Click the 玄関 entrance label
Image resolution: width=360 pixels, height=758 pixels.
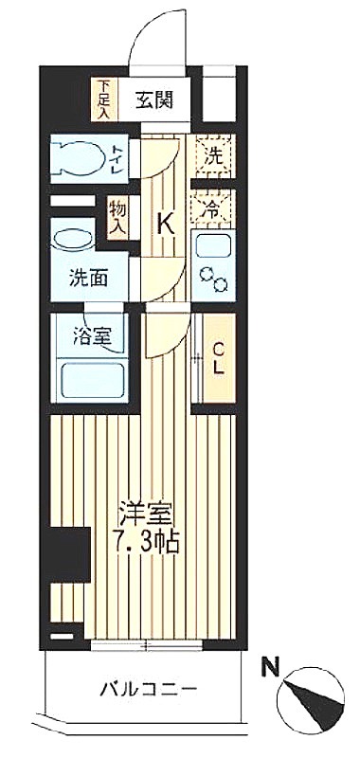(153, 101)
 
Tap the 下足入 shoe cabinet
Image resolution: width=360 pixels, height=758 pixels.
(104, 99)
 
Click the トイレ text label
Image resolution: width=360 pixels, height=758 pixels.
(118, 159)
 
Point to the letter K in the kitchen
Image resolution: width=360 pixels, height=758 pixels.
(165, 224)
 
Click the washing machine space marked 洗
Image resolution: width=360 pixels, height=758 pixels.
(213, 155)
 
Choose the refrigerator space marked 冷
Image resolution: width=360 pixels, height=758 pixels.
(213, 208)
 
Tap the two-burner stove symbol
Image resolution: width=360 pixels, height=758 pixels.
(213, 279)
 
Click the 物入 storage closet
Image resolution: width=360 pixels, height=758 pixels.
(117, 218)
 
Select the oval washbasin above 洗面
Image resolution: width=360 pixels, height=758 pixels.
(74, 240)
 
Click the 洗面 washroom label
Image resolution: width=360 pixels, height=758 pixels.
(88, 279)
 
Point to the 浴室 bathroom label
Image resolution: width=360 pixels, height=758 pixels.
(92, 337)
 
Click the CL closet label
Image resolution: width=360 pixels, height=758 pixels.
(219, 358)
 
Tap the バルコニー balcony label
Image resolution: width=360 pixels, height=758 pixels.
(149, 688)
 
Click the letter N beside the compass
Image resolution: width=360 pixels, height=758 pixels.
(271, 669)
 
